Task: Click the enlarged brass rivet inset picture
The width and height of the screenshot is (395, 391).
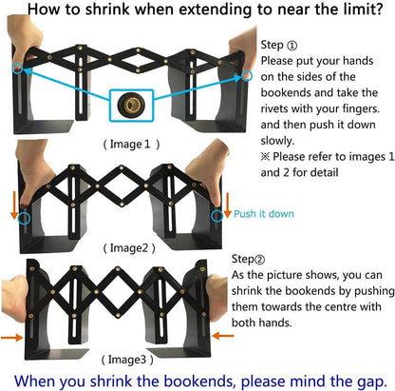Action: point(131,106)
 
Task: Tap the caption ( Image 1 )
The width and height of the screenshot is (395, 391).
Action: point(131,145)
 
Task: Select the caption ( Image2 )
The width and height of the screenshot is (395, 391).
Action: point(129,248)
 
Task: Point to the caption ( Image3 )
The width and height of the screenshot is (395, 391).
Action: point(127,360)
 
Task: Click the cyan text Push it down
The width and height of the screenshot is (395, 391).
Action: point(264,214)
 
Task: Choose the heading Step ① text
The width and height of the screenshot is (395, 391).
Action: point(279,45)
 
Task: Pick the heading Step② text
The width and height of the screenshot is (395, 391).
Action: point(248,259)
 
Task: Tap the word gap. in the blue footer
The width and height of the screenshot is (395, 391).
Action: point(372,381)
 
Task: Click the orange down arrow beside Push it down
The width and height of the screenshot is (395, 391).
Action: point(227,205)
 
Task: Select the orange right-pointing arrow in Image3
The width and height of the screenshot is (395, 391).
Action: point(11,338)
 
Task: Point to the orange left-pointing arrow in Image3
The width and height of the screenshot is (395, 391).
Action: point(223,336)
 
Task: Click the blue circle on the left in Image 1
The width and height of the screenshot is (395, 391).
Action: point(18,68)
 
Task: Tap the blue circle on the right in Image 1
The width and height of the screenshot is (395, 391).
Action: point(247,76)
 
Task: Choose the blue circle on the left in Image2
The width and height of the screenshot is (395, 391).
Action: point(24,218)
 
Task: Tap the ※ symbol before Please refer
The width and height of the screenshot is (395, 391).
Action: point(265,157)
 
